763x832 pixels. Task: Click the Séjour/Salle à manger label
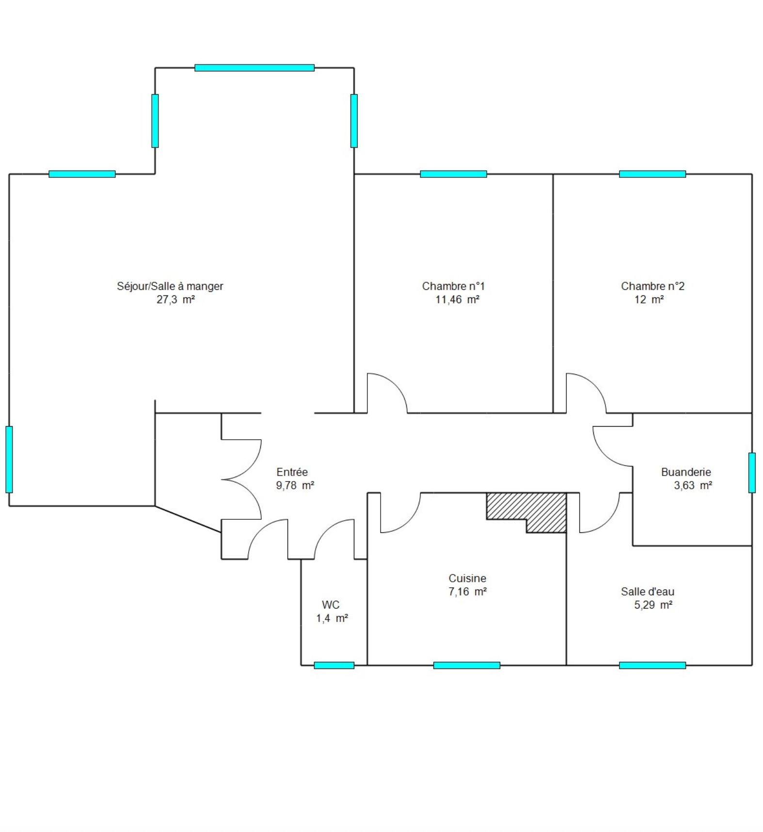(170, 286)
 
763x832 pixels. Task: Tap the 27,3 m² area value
(175, 300)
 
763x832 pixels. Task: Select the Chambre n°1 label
(453, 286)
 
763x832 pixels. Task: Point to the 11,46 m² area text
(458, 300)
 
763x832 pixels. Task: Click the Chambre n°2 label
(652, 286)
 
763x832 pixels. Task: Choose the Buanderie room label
(686, 472)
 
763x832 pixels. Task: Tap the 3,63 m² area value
(693, 485)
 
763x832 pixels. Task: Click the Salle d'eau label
(648, 592)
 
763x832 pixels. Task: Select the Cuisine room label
(467, 578)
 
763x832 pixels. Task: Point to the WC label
(331, 605)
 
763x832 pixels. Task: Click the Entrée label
(292, 472)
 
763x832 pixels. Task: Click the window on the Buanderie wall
(752, 473)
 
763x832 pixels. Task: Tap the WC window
(334, 665)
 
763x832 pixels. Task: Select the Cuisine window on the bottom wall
(467, 665)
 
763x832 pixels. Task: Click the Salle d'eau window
(652, 665)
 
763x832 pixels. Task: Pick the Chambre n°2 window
(652, 174)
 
